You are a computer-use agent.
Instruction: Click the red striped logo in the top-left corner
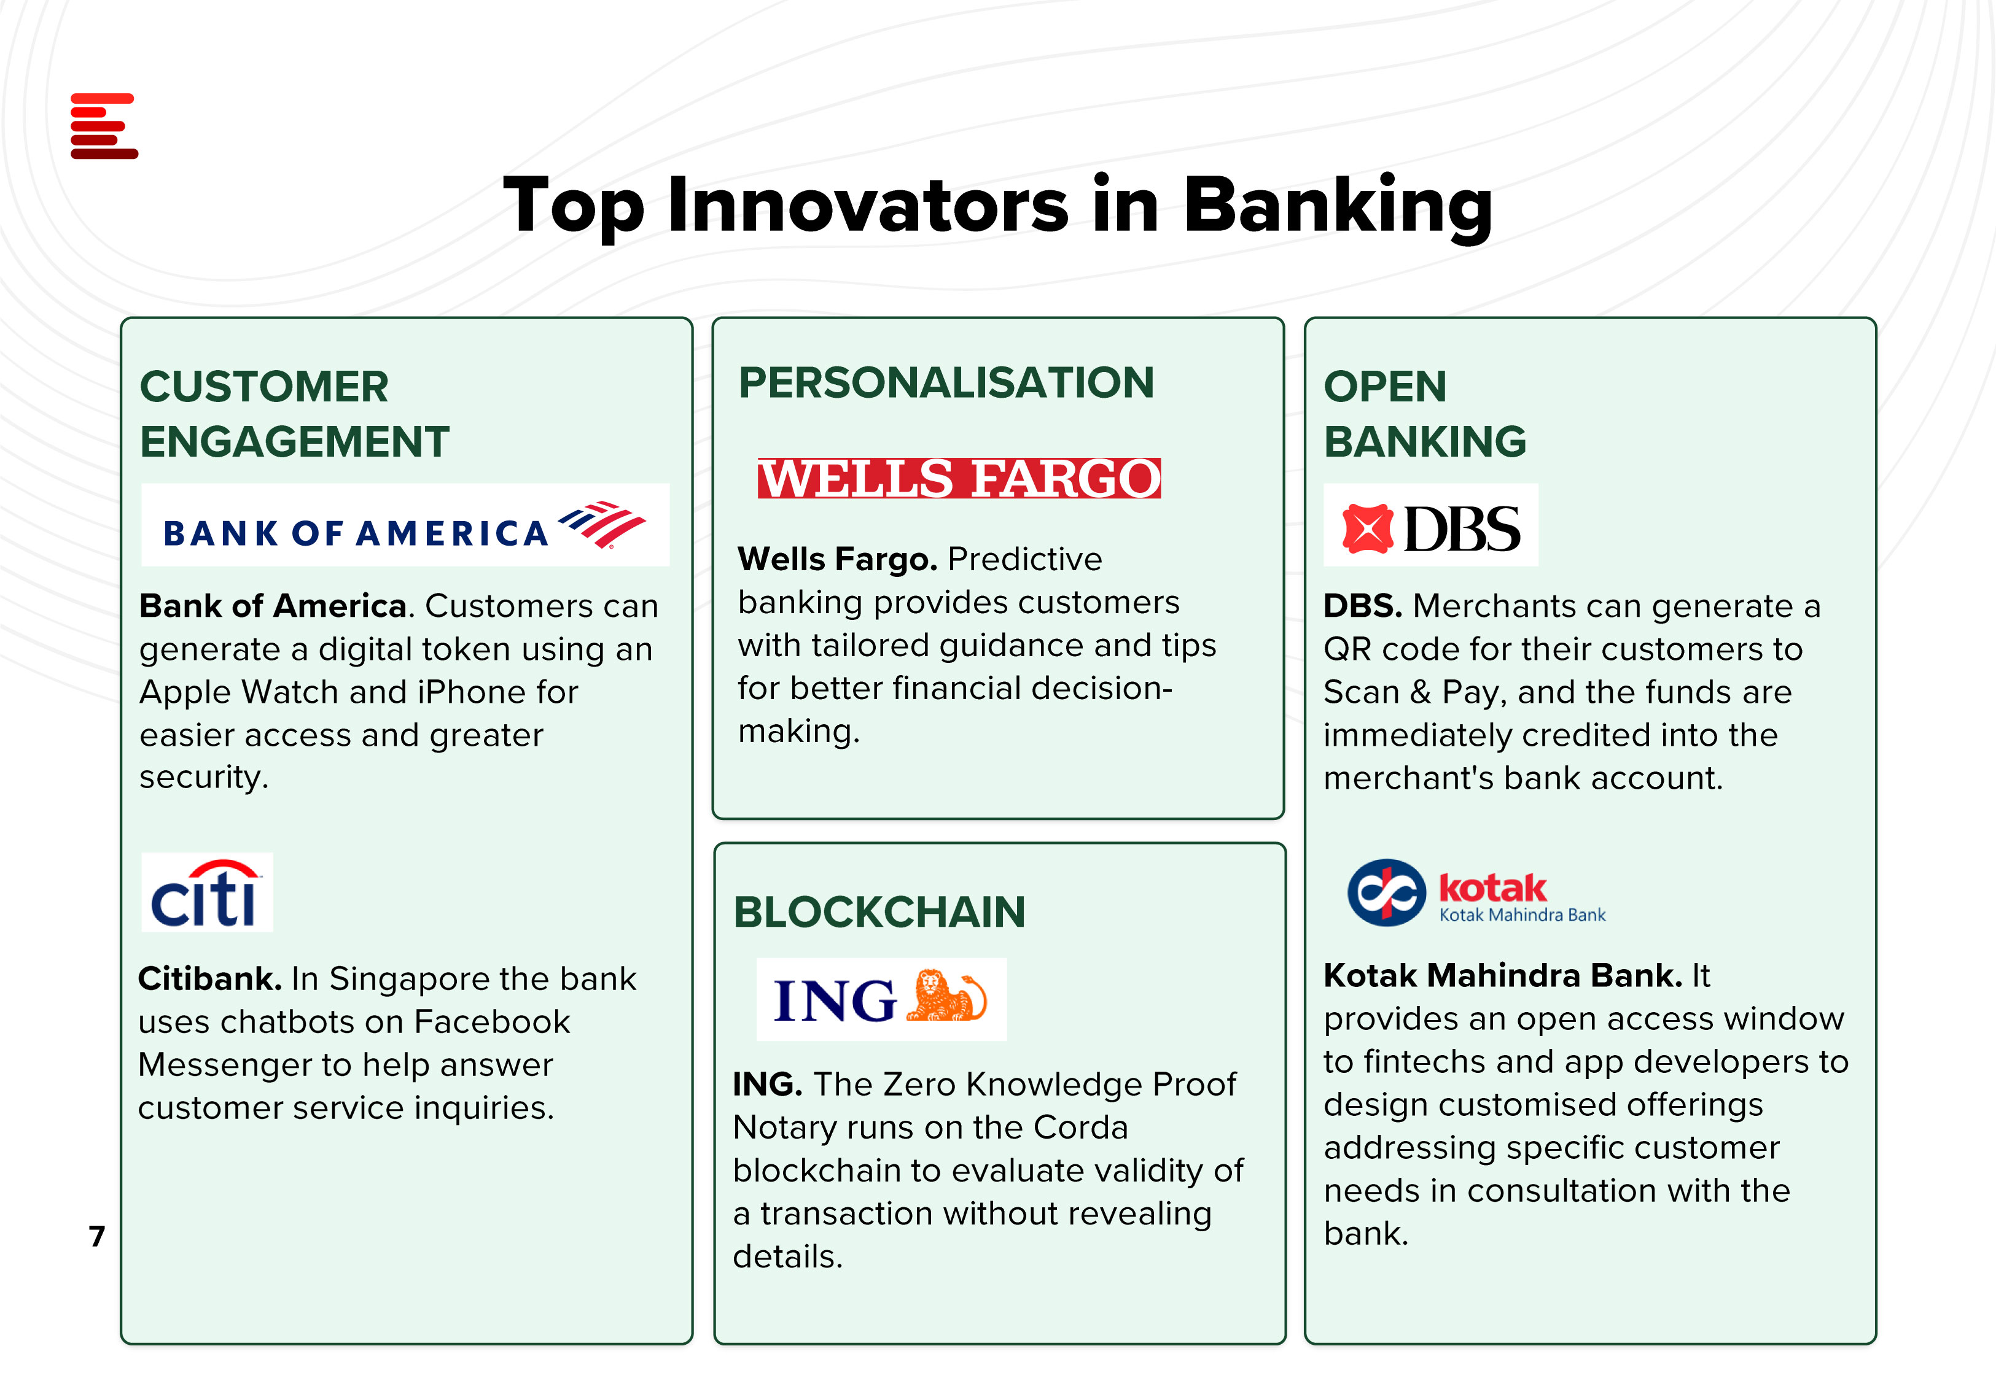(104, 126)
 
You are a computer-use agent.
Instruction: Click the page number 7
(97, 1236)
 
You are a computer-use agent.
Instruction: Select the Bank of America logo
(405, 525)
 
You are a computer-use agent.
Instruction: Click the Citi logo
(207, 892)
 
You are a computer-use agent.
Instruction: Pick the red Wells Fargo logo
(959, 479)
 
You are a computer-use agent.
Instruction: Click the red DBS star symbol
(1368, 528)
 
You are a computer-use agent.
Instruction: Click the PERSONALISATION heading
(946, 382)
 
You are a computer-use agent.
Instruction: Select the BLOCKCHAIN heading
(879, 912)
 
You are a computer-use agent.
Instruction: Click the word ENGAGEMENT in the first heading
(294, 441)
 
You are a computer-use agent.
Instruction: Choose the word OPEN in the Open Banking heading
(1385, 386)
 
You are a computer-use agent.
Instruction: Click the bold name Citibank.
(209, 978)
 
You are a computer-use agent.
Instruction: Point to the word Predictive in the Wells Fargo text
(1025, 559)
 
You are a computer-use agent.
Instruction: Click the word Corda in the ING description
(1080, 1128)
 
